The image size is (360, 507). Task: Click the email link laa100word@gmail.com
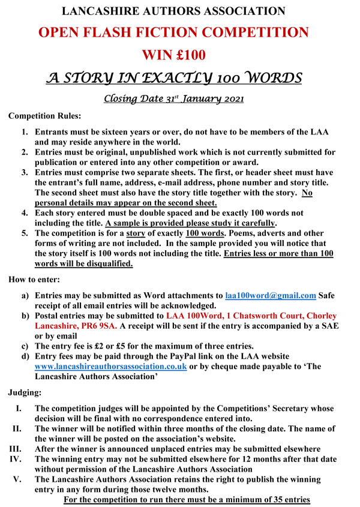pyautogui.click(x=271, y=295)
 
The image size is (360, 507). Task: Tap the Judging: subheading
pyautogui.click(x=26, y=393)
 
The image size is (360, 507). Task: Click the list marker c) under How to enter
pyautogui.click(x=25, y=346)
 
